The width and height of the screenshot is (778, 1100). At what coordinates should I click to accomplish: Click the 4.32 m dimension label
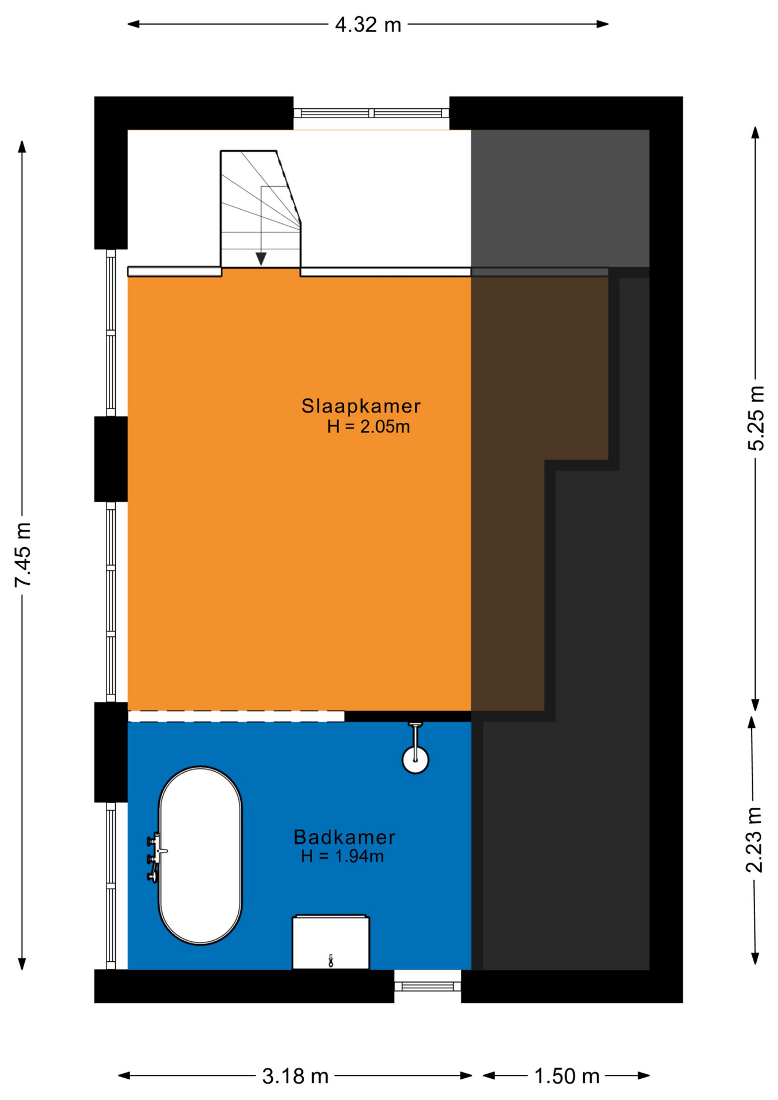coord(368,25)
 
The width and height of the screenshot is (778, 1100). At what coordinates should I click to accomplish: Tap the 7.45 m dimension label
coord(23,555)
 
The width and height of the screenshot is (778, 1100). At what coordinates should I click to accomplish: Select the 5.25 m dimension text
coord(756,418)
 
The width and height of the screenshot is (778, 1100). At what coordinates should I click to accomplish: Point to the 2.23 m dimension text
coord(754,839)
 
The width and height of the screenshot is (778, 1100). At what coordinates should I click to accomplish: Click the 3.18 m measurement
coord(295,1077)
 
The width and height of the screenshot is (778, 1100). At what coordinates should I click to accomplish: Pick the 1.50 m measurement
coord(567,1077)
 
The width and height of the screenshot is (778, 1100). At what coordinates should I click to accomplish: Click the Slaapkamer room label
coord(361,406)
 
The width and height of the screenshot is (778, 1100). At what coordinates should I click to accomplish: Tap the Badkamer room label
coord(344,838)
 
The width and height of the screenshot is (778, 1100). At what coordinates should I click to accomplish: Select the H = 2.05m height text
coord(368,427)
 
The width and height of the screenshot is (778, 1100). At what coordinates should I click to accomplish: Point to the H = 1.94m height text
coord(343,857)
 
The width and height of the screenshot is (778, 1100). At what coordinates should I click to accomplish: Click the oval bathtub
coord(200,855)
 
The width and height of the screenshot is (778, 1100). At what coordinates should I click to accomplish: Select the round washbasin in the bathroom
coord(415,760)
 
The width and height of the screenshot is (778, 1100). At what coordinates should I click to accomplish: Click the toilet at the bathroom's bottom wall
coord(331,942)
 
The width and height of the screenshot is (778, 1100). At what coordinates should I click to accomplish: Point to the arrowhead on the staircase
coord(261,259)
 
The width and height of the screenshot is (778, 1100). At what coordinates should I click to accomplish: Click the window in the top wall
coord(371,113)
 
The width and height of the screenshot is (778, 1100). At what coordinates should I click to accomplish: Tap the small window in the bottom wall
coord(427,986)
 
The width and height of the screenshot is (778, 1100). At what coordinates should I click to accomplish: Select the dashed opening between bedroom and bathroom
coord(236,716)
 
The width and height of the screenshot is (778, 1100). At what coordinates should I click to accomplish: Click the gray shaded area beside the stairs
coord(560,198)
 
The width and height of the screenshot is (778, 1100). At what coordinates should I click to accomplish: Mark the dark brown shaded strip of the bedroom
coord(516,493)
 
